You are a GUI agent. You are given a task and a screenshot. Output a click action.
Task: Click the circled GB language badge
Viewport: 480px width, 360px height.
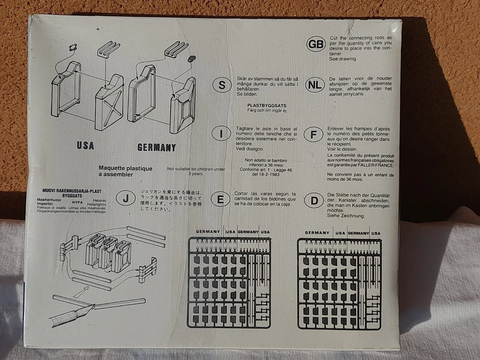[316, 44]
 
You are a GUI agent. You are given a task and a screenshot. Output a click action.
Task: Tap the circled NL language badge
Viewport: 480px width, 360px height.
[314, 84]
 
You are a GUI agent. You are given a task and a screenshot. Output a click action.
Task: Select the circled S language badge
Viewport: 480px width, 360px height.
[221, 85]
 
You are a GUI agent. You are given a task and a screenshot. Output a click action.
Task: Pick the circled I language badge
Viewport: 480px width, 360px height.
[221, 133]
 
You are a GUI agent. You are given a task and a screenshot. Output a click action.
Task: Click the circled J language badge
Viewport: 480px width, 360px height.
[125, 198]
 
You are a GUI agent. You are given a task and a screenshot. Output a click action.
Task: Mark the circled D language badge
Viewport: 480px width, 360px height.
[314, 201]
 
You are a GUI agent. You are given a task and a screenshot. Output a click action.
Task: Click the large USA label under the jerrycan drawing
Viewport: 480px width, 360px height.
[85, 145]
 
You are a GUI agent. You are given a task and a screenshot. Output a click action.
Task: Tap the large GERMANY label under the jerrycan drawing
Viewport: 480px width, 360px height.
[156, 147]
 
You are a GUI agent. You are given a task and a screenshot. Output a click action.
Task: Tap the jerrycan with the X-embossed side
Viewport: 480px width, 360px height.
[109, 103]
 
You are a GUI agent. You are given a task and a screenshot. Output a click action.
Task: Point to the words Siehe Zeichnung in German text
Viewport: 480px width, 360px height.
[346, 216]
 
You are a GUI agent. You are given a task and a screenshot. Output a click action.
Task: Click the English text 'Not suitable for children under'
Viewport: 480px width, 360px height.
[196, 169]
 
